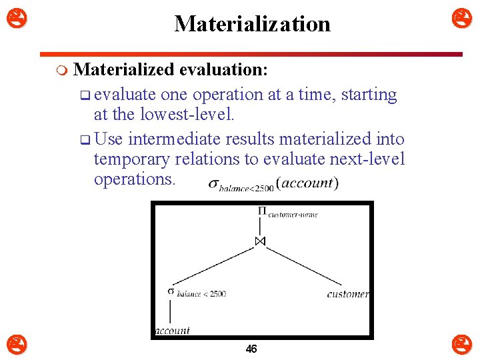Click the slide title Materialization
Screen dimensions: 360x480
(252, 24)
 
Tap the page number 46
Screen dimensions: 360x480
(251, 349)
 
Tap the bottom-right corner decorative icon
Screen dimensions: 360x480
(462, 345)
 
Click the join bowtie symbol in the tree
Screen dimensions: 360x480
(261, 241)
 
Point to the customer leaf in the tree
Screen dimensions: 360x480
(348, 294)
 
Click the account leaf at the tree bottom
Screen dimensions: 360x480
(172, 330)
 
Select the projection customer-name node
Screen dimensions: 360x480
(287, 213)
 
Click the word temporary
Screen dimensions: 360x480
(132, 159)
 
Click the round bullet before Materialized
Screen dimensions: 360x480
(62, 70)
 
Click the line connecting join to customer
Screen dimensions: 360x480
(307, 267)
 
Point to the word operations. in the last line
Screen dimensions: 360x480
(135, 179)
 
